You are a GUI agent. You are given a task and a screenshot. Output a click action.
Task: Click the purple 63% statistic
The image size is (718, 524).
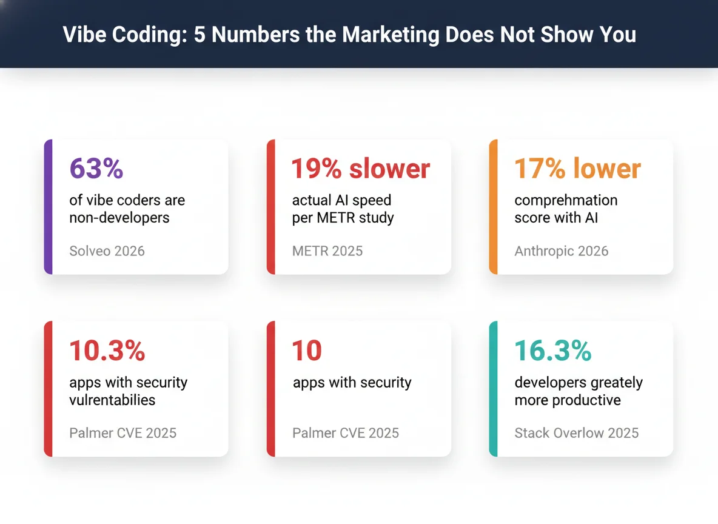pos(96,169)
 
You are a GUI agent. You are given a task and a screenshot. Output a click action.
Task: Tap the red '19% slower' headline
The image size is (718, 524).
pos(361,169)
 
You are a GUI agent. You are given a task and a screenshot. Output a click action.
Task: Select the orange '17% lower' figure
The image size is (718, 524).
pos(577,169)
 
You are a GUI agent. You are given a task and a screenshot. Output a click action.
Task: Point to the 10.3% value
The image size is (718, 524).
pos(107,351)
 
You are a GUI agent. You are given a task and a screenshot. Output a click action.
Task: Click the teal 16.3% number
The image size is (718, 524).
pos(552,351)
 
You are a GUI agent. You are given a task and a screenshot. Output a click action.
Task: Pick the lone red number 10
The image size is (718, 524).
pos(307,351)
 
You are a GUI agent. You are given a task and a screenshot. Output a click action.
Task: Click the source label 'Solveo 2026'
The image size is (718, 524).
pos(107,251)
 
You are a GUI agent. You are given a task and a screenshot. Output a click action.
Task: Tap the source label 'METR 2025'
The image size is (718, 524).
pos(327,251)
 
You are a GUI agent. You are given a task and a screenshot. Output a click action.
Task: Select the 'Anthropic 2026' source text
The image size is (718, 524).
pos(561,251)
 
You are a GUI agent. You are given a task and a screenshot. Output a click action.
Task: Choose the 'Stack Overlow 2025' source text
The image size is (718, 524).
pos(576,433)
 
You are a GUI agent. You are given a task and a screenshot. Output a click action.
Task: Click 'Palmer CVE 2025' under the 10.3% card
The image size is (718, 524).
pos(123,433)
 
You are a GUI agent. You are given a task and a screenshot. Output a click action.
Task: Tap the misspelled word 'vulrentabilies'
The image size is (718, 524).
pos(112,400)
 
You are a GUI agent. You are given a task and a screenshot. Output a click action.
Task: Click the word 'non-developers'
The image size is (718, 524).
pos(119,218)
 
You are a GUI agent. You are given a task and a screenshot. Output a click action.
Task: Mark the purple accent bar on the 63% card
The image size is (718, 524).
pos(49,207)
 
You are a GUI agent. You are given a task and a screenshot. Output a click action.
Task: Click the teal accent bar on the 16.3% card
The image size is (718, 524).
pos(494,389)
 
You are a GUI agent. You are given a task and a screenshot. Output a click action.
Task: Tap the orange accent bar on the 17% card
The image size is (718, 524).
pos(494,207)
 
